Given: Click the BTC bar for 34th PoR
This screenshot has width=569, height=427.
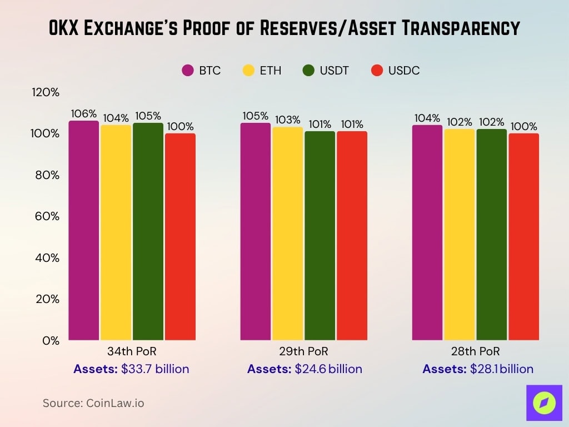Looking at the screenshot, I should [84, 231].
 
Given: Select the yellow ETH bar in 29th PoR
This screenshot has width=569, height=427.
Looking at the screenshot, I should [288, 234].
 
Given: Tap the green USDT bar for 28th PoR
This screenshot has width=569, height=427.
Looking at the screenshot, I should [492, 235].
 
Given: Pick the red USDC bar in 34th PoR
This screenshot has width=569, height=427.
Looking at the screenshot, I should [181, 236].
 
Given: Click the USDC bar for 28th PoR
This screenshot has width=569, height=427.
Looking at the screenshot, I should [524, 236].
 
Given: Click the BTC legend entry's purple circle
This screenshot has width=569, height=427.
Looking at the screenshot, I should [187, 71].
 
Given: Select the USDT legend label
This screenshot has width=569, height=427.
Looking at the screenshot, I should [334, 71].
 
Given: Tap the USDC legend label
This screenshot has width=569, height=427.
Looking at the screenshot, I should [404, 71].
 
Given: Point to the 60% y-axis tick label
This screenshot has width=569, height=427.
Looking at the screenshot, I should [47, 216].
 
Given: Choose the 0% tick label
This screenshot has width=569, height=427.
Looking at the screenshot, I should [51, 340].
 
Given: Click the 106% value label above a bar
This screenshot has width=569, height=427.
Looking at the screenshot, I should [83, 113].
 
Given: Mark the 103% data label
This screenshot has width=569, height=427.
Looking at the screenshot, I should [288, 120].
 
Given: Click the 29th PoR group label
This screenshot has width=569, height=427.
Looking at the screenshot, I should [303, 352].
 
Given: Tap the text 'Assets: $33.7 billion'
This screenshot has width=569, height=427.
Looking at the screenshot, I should [132, 369].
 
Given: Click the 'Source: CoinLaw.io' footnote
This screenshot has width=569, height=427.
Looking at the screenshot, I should [93, 403].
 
